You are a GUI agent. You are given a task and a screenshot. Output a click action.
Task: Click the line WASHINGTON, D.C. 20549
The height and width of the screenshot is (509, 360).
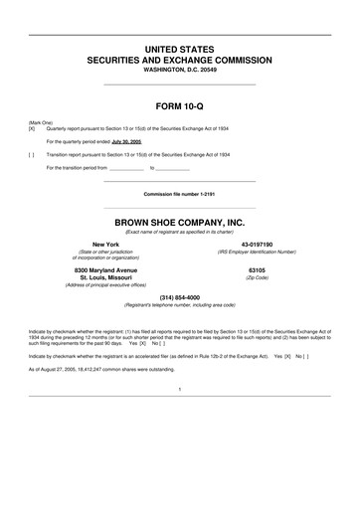pos(180,71)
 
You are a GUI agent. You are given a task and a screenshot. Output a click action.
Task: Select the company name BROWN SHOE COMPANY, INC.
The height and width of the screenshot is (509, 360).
pos(180,222)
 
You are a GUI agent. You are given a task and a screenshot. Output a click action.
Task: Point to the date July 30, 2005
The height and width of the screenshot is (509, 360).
pos(126,142)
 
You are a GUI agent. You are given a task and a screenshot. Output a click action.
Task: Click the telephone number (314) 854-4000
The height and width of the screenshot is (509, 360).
pos(180,297)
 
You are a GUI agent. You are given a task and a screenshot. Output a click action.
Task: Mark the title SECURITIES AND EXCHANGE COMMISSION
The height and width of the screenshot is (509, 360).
pos(180,61)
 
